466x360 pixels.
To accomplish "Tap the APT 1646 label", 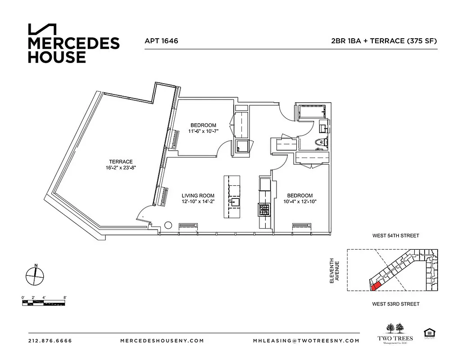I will pyautogui.click(x=161, y=41).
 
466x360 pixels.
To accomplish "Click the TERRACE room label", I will pyautogui.click(x=120, y=162).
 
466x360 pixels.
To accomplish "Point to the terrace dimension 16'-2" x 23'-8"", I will pyautogui.click(x=120, y=168).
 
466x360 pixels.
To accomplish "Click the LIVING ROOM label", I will pyautogui.click(x=198, y=196).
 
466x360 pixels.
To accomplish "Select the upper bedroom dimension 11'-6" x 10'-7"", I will pyautogui.click(x=203, y=131).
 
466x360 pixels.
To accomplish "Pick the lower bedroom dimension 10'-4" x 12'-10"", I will pyautogui.click(x=300, y=202).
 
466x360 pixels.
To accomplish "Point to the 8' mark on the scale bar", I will pyautogui.click(x=65, y=297).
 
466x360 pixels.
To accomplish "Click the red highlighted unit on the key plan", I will pyautogui.click(x=375, y=284).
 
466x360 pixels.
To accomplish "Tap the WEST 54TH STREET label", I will pyautogui.click(x=395, y=235).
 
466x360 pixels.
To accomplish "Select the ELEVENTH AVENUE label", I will pyautogui.click(x=334, y=270).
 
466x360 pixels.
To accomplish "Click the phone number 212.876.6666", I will pyautogui.click(x=50, y=341).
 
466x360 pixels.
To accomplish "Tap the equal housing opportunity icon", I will pyautogui.click(x=428, y=333).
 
